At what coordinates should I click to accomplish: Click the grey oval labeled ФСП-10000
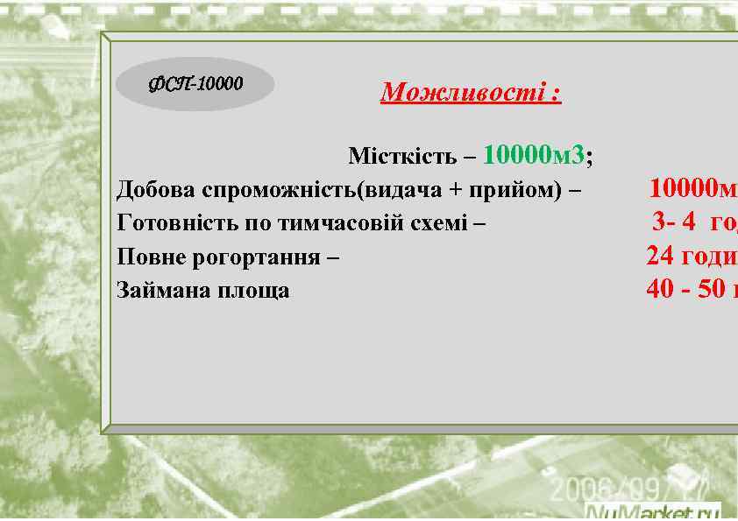coord(195,84)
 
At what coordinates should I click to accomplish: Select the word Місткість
coord(401,158)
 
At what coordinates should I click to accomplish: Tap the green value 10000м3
coord(534,156)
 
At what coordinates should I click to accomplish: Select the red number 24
coord(660,256)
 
